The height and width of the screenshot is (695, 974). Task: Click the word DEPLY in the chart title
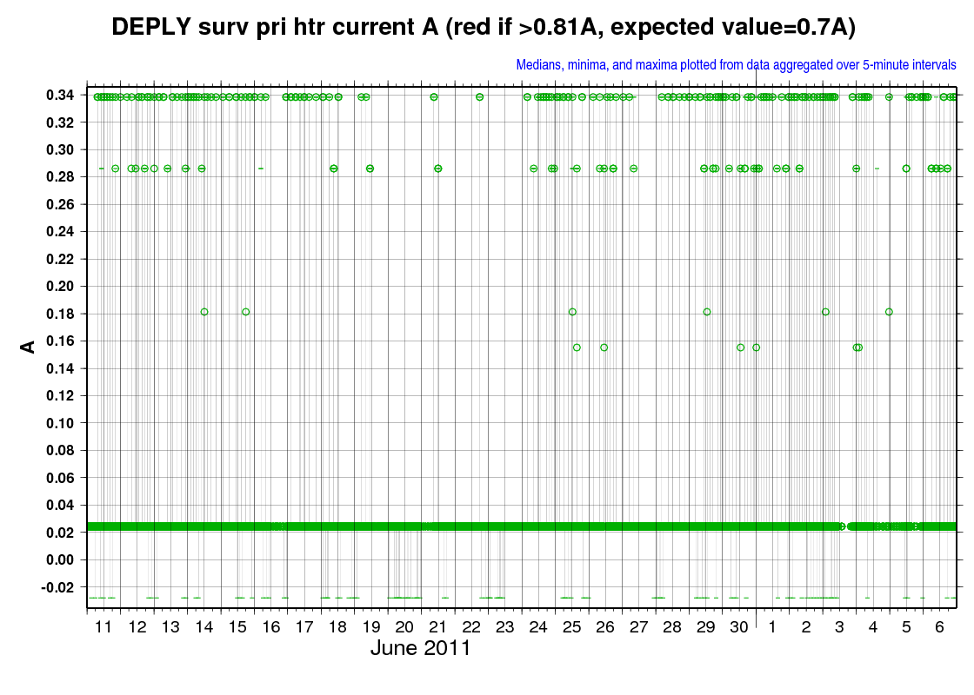click(x=151, y=27)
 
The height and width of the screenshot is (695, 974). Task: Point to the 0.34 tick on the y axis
click(x=60, y=95)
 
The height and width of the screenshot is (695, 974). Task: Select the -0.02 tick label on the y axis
click(x=57, y=587)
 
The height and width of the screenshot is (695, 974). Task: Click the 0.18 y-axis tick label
click(x=60, y=314)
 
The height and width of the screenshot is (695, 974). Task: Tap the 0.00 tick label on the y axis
click(x=60, y=559)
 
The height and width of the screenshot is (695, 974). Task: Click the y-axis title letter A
click(x=28, y=347)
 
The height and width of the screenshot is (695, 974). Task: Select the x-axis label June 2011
click(x=421, y=648)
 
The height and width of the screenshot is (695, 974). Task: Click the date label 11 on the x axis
click(x=103, y=626)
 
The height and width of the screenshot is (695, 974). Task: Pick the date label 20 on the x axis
click(x=404, y=626)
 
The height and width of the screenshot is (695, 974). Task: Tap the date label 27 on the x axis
click(x=638, y=626)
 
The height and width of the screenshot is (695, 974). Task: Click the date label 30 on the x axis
click(x=739, y=626)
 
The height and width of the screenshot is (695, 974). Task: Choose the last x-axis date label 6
click(x=939, y=626)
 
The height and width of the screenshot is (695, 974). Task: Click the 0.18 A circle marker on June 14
click(x=204, y=312)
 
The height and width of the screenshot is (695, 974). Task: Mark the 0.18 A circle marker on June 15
click(x=246, y=312)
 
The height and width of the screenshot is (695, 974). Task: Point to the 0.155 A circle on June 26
click(x=604, y=347)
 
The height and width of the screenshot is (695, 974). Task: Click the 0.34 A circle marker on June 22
click(x=479, y=96)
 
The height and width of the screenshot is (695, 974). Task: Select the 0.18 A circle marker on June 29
click(x=707, y=312)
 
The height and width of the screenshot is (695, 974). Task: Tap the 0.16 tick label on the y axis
click(x=60, y=341)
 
